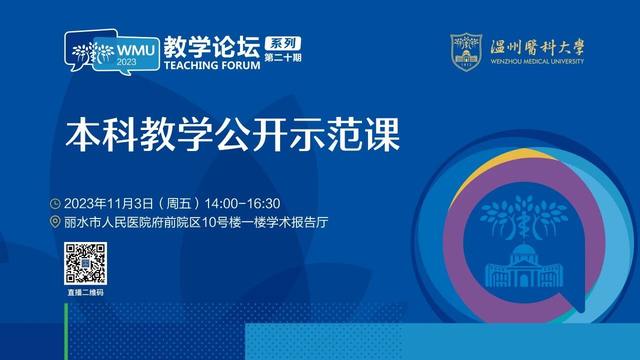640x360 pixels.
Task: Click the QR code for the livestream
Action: pos(85,263)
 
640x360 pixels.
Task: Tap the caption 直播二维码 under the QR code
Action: pos(85,292)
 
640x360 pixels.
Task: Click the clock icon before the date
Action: pos(55,203)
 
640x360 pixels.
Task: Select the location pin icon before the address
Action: pos(55,222)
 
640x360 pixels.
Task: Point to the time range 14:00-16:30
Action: pos(242,203)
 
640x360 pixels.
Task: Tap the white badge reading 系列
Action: pos(283,43)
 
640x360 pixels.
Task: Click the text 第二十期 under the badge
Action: pos(283,57)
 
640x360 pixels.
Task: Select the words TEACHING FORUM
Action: pos(212,65)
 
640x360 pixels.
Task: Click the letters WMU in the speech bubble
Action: pos(135,50)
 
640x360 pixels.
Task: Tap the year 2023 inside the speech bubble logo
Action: pos(126,62)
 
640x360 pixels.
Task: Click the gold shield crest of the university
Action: pos(466,52)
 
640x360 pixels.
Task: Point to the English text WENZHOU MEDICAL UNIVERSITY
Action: pos(537,61)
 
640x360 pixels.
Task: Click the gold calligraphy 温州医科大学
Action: pos(537,47)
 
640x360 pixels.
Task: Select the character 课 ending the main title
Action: pos(383,134)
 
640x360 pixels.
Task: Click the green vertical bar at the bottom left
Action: pos(66,331)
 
